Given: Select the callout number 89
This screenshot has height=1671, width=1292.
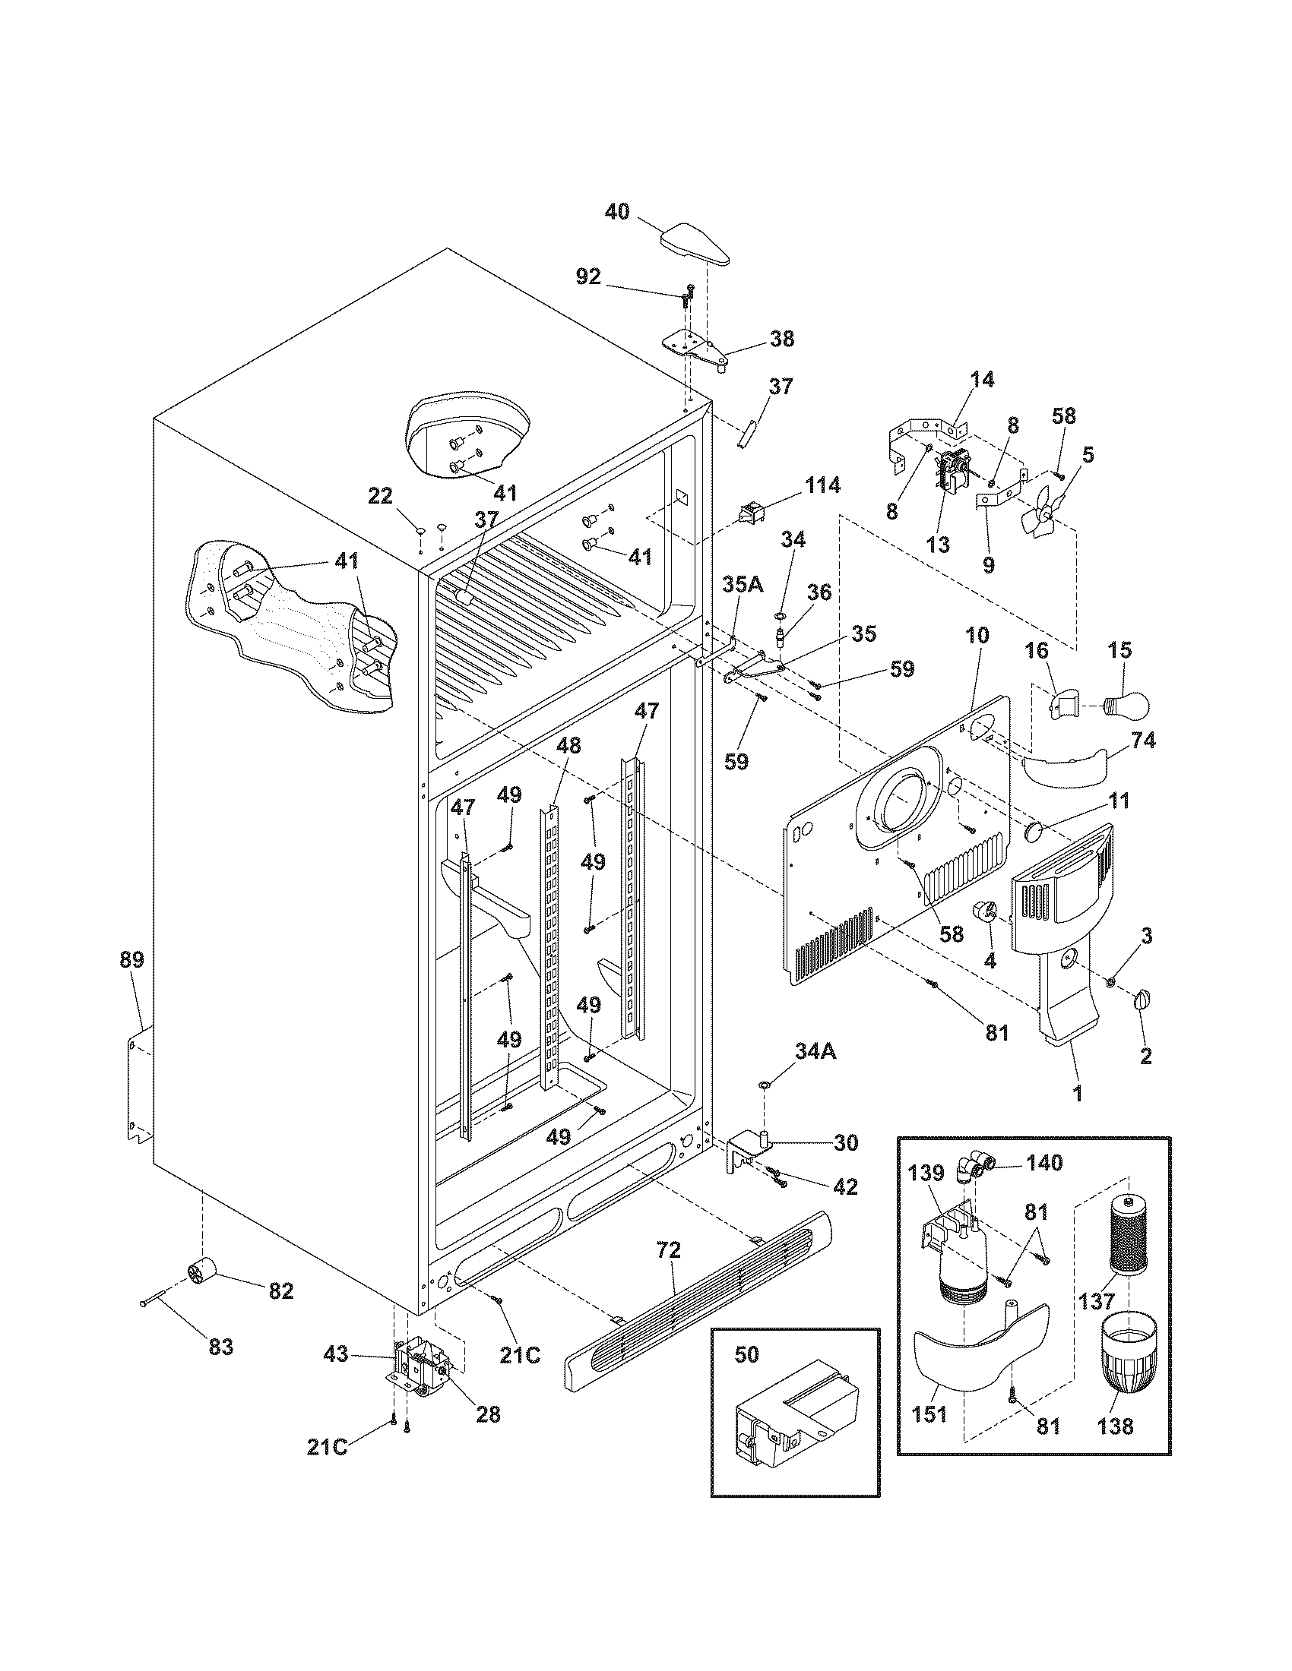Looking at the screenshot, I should coord(131,959).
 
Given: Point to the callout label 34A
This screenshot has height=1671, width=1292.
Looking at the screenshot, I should coord(816,1052).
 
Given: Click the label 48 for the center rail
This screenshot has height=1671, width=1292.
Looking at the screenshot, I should coord(568,744).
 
